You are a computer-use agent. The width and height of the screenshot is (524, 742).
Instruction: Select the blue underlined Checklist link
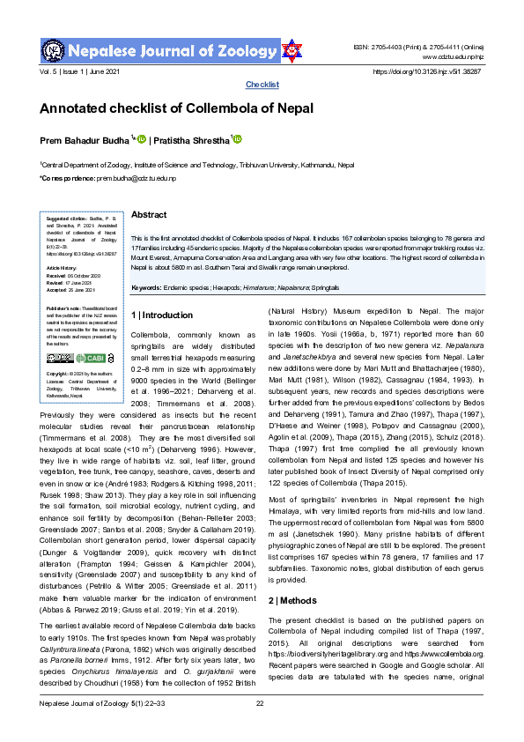click(x=262, y=85)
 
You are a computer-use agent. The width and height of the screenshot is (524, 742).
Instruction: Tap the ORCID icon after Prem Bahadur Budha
click(x=141, y=139)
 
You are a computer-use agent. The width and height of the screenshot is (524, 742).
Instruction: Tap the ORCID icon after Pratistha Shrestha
click(x=237, y=139)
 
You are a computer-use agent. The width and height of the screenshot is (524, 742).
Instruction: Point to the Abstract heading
click(x=149, y=215)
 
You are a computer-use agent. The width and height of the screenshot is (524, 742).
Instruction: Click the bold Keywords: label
click(x=151, y=288)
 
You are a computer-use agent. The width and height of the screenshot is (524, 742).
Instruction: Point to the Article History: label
click(x=63, y=267)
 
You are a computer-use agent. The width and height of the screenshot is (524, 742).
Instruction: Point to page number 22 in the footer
click(x=260, y=727)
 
